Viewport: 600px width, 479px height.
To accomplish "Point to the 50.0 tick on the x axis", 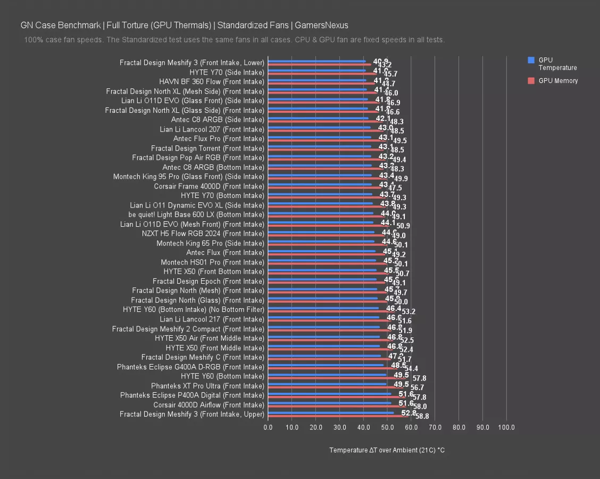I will (x=387, y=427).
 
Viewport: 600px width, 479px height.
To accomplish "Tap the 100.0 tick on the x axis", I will (x=506, y=427).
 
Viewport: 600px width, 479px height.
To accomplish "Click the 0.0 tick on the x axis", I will (x=268, y=427).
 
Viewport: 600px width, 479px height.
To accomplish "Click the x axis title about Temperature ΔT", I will (x=387, y=450).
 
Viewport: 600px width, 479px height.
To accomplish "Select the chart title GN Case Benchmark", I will (x=184, y=25).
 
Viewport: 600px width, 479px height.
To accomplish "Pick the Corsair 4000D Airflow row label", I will (x=209, y=405).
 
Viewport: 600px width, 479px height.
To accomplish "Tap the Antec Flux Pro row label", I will (x=219, y=139).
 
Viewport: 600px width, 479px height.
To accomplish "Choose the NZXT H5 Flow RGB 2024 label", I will (x=203, y=234).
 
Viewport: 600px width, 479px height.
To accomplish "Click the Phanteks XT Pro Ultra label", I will (x=207, y=386).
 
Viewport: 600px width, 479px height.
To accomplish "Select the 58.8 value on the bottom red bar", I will (x=422, y=417).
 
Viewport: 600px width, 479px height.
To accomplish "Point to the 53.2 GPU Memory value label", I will (x=409, y=312).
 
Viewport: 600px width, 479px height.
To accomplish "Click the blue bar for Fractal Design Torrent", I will (x=319, y=146).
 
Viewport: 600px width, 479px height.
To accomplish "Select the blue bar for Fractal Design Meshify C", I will (x=324, y=356).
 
